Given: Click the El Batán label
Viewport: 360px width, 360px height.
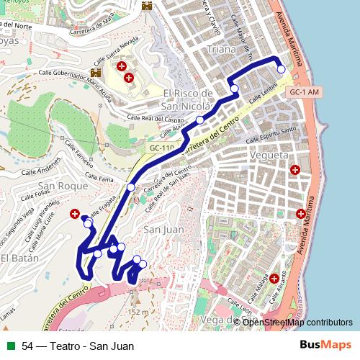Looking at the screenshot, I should tap(14, 258).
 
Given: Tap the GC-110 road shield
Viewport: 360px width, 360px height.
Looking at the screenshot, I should tap(162, 148).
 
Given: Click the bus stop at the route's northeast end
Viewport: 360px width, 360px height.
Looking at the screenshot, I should tap(281, 69).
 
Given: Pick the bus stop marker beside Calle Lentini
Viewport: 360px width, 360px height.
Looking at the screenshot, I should tap(235, 88).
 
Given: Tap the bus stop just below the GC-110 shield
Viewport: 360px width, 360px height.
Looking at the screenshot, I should tap(130, 187).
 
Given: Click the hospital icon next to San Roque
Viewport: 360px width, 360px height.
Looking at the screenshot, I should tap(75, 214).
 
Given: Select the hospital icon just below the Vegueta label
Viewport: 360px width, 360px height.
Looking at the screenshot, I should tap(294, 170).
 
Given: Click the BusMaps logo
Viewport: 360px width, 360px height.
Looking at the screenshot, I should tap(326, 345).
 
